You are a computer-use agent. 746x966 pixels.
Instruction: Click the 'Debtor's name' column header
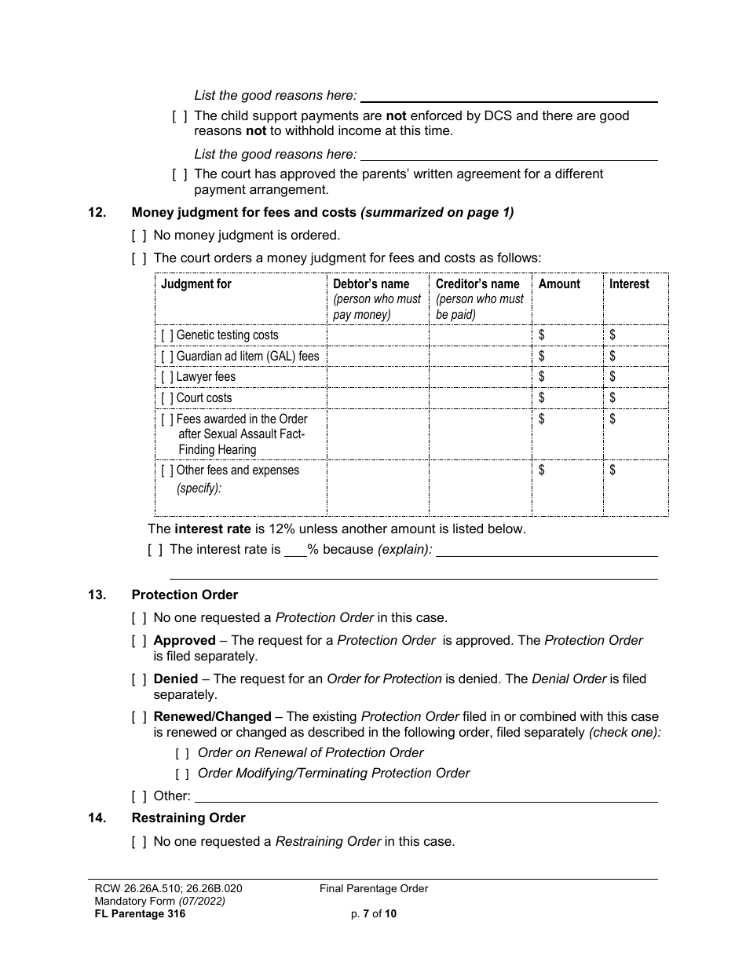coord(371,284)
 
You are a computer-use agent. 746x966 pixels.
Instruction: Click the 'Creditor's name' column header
coord(477,284)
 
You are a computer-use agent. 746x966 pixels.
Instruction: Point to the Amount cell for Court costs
coord(567,398)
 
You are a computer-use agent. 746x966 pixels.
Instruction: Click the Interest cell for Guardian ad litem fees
coord(636,357)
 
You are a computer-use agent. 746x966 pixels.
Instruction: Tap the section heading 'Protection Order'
coord(185,595)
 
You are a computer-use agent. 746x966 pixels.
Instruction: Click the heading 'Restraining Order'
coord(188,818)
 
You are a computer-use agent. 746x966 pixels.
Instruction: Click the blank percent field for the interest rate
coord(295,551)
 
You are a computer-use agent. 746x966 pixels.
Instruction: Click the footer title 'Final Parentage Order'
coord(374,888)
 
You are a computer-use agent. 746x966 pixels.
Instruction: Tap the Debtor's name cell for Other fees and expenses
coord(378,488)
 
